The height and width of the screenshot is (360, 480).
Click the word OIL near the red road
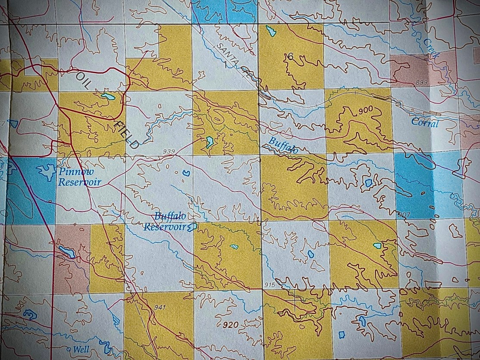[84, 81]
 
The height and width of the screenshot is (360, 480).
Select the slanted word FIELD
[127, 135]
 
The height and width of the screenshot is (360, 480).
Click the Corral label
[425, 123]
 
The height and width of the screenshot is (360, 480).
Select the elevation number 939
[170, 151]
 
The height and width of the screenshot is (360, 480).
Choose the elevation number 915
[270, 285]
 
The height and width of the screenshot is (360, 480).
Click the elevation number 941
[159, 307]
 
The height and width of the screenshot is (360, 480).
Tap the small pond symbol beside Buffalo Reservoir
[194, 226]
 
